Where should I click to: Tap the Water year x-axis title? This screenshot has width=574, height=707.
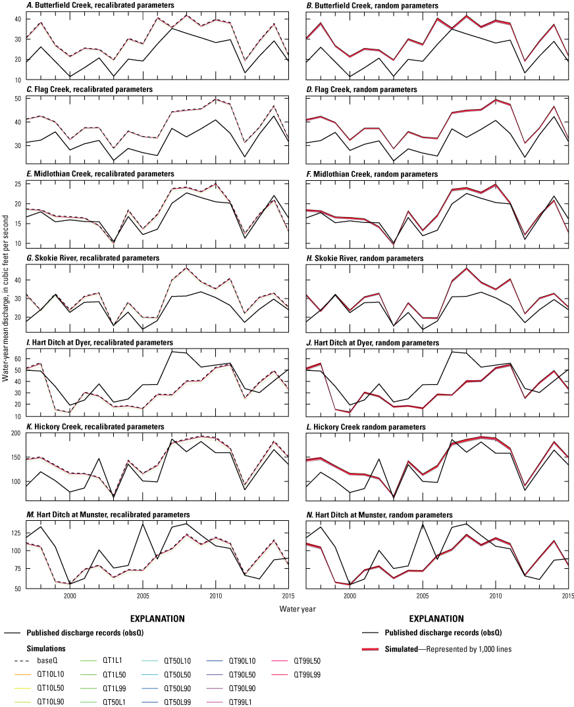(x=287, y=604)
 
